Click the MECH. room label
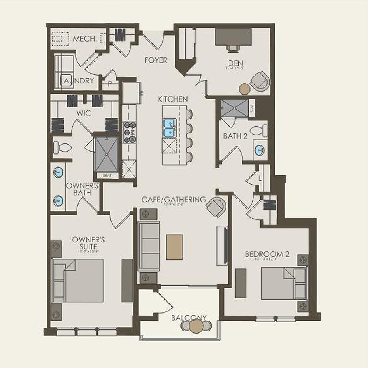tap(85, 39)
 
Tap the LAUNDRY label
tap(77, 80)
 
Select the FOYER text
tap(156, 60)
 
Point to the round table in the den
tap(245, 89)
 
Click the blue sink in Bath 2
tap(259, 150)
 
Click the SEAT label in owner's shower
tap(107, 175)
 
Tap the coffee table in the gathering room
tap(174, 247)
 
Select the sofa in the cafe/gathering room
tap(148, 246)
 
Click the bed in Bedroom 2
tap(284, 284)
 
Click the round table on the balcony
tap(196, 326)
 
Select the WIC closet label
tap(84, 113)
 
